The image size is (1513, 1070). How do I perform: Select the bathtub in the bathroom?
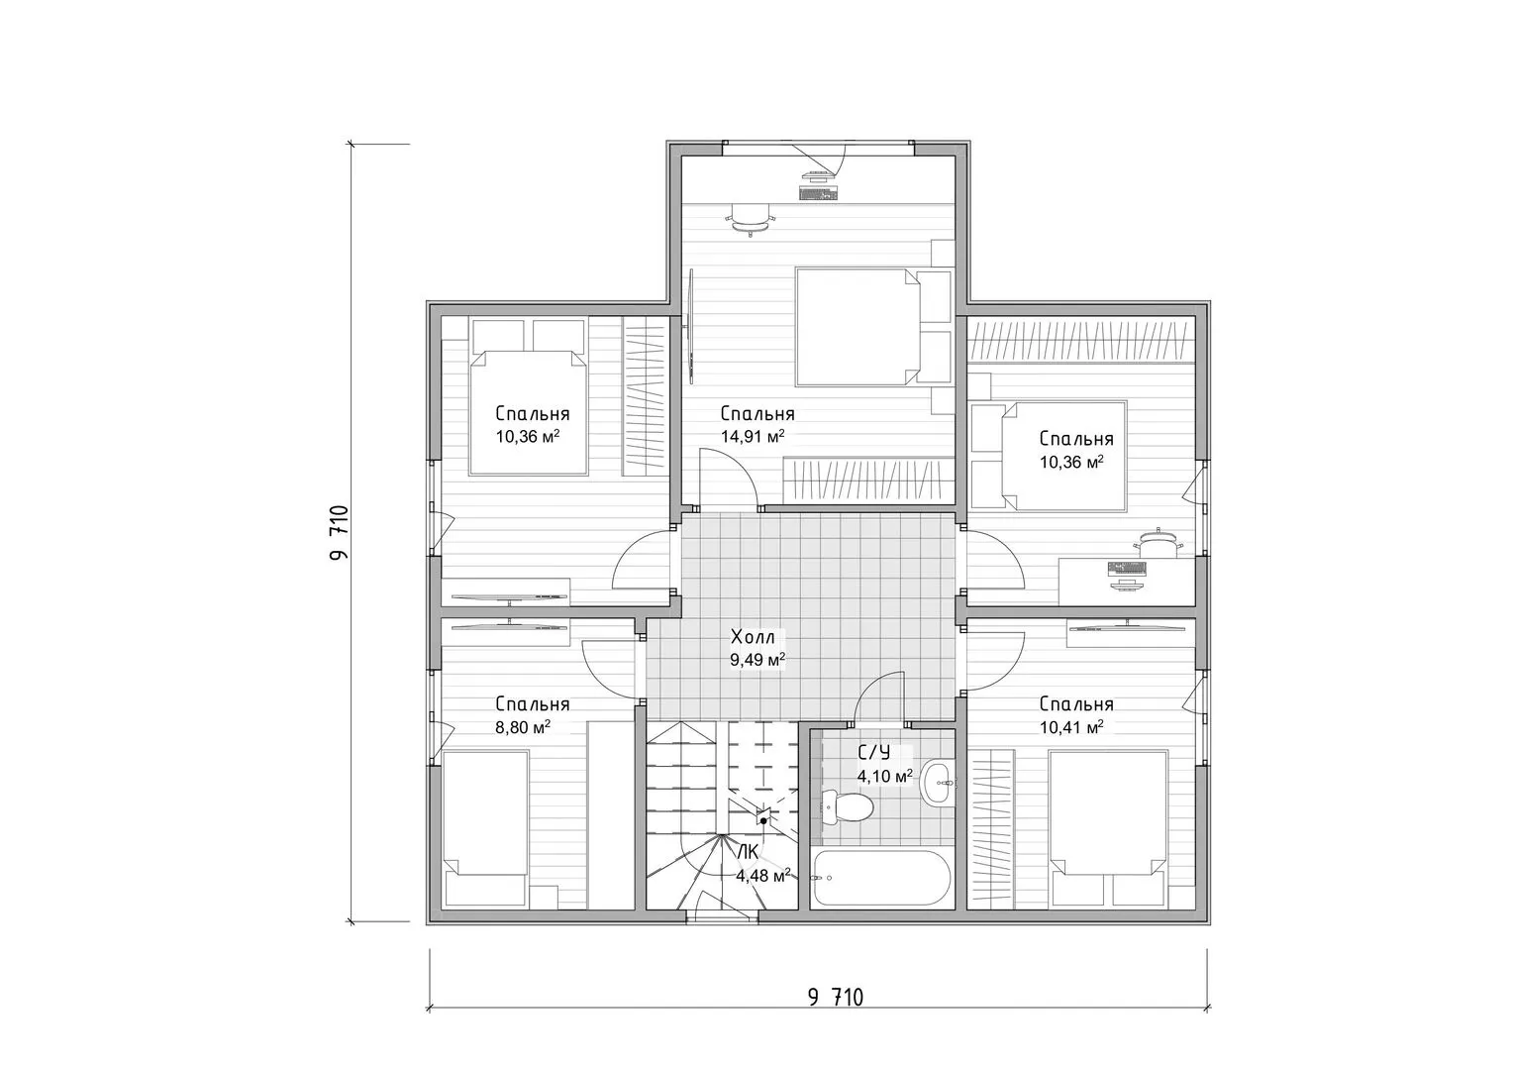pos(881,878)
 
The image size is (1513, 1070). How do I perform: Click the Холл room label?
pos(754,637)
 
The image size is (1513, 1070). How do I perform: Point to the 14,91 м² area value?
pos(753,436)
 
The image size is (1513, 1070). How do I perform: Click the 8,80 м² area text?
pos(523,727)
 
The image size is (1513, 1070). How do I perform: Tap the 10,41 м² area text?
pos(1071,727)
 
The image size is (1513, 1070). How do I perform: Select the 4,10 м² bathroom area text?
pos(885,776)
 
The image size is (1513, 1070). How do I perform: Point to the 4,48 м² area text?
pos(763,876)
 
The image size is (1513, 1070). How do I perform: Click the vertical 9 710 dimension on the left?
pos(339,532)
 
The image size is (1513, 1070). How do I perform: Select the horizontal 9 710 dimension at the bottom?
pos(836,997)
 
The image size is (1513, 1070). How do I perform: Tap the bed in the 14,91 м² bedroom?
pos(858,327)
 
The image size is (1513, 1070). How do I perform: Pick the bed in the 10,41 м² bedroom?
pos(1108,828)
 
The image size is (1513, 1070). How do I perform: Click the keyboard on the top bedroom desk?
pos(818,194)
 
